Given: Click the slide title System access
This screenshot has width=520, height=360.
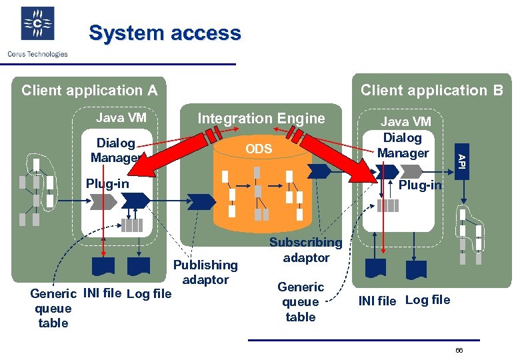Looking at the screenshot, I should click(165, 33).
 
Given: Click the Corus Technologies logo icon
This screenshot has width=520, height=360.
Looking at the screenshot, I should click(37, 25).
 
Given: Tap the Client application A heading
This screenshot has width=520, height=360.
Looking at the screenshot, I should click(89, 90).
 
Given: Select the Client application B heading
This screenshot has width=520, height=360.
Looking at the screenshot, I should click(431, 90).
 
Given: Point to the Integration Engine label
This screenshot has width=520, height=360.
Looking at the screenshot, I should click(261, 119).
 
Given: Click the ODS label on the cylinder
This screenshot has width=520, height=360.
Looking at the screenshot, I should click(259, 149).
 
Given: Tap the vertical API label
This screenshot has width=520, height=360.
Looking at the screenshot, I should click(459, 160).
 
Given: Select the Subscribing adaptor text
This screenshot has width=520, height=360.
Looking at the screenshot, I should click(306, 250).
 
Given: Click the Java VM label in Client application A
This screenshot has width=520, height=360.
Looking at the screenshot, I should click(121, 118).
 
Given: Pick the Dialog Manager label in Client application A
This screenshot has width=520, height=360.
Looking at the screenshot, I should click(116, 151).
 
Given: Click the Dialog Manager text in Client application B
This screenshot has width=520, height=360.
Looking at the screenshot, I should click(403, 145).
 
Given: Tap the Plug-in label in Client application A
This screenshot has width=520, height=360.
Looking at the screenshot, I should click(107, 183).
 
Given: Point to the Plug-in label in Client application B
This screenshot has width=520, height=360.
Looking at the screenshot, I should click(420, 185).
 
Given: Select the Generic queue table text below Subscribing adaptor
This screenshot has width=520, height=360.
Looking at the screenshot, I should click(301, 302).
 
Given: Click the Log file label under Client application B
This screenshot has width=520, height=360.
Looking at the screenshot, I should click(427, 300).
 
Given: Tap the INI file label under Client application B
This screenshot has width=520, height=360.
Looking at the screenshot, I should click(377, 301).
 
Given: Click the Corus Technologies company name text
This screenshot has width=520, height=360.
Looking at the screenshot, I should click(37, 54).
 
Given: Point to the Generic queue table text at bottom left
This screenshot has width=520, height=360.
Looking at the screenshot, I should click(53, 308).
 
